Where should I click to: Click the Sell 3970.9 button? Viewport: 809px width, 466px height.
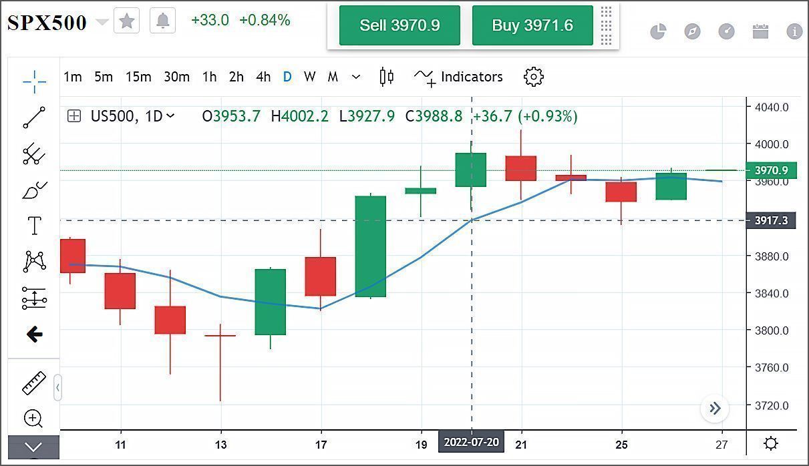tap(399, 25)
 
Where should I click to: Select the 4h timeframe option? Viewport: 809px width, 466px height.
tap(263, 77)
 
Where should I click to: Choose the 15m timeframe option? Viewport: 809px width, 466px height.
tap(138, 77)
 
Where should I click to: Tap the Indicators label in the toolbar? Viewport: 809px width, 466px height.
tap(471, 77)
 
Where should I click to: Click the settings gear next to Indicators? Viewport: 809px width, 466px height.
tap(534, 77)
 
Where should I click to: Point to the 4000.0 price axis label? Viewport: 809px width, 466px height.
tap(771, 144)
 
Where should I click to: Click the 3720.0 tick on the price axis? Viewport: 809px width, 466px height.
tap(771, 405)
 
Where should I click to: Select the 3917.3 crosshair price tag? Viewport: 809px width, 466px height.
tap(770, 220)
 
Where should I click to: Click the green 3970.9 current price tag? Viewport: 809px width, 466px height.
tap(770, 170)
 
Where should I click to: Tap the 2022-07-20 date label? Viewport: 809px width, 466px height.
tap(472, 442)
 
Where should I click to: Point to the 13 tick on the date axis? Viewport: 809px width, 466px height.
tap(221, 445)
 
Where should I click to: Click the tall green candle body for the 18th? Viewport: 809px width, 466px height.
tap(370, 246)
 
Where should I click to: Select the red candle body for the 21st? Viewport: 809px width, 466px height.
tap(521, 168)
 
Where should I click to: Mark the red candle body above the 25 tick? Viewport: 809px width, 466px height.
tap(621, 192)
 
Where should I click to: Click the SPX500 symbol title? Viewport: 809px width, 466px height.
tap(47, 22)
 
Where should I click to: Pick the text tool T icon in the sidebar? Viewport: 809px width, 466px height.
tap(34, 226)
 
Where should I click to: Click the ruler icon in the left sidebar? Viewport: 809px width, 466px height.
tap(33, 383)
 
